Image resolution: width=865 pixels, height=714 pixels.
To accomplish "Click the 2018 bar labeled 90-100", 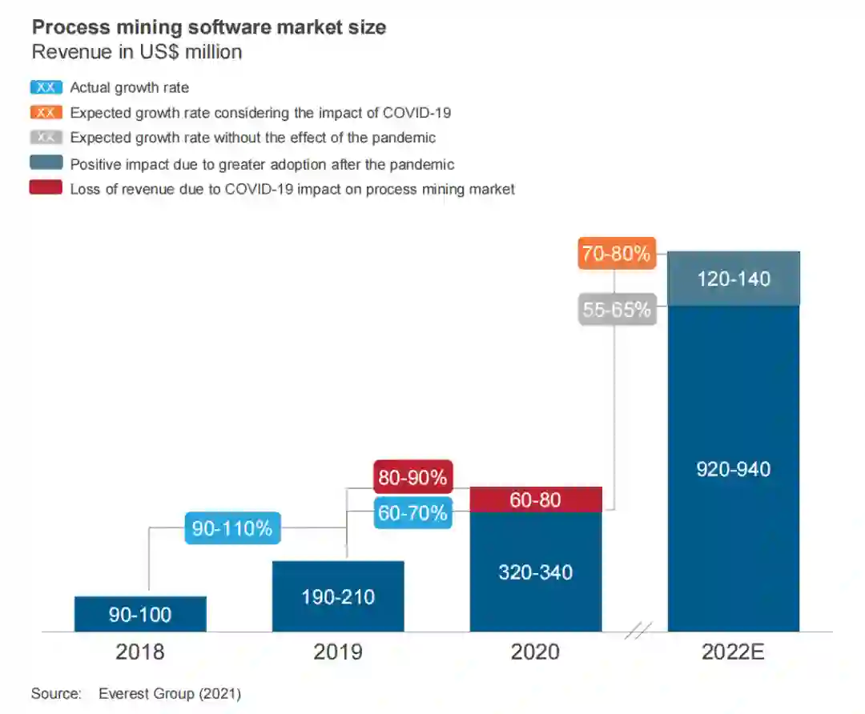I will pos(140,614).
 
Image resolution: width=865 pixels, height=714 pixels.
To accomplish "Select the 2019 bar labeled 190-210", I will pos(338,596).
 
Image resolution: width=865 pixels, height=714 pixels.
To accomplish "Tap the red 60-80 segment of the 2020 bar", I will pos(535,499).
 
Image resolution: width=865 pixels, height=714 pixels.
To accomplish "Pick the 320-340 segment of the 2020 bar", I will pos(535,572).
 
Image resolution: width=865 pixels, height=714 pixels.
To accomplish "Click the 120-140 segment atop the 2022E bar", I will pos(734,279).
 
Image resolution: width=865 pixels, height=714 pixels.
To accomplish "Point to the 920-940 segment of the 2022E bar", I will pos(734,469).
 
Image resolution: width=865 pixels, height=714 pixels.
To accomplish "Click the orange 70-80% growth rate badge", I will pos(617,254).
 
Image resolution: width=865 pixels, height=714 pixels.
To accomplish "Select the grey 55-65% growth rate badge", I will pos(617,309).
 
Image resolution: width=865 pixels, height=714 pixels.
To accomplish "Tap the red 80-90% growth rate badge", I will pos(413,477).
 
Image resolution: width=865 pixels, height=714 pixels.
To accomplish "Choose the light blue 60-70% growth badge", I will pos(413,512).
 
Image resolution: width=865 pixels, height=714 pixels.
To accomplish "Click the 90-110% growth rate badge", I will pos(232,528).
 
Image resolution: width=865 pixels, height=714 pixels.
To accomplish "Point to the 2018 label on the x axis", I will pos(140,652).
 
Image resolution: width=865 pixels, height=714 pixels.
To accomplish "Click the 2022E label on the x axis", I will pos(734,652).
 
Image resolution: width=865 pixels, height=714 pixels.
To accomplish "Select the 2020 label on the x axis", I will pos(535,652).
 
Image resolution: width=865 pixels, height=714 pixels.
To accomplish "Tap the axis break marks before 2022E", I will pos(638,632).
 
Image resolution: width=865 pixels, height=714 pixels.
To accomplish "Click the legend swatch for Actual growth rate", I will pos(46,88).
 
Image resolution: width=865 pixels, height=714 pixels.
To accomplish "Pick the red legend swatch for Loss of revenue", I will pos(46,189).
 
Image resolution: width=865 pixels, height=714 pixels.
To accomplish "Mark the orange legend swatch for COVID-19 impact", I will pos(46,113).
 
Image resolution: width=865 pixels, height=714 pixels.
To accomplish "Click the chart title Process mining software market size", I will pos(208,27).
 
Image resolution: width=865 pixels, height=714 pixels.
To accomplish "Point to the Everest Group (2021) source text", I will pos(169,693).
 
